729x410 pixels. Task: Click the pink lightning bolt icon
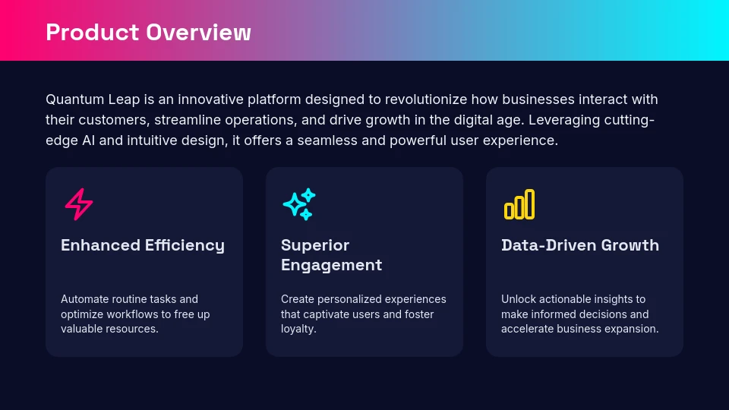tap(79, 204)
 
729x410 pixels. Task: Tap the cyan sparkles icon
tap(298, 204)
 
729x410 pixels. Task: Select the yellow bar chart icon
tap(519, 204)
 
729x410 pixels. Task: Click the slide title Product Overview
tap(148, 33)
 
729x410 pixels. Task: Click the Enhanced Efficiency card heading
tap(143, 245)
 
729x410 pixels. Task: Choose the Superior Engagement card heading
tap(331, 255)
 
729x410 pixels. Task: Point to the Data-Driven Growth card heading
tap(580, 245)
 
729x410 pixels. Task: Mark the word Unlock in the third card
tap(518, 299)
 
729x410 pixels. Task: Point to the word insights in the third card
tap(614, 299)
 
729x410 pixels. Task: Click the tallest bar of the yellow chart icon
tap(529, 203)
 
